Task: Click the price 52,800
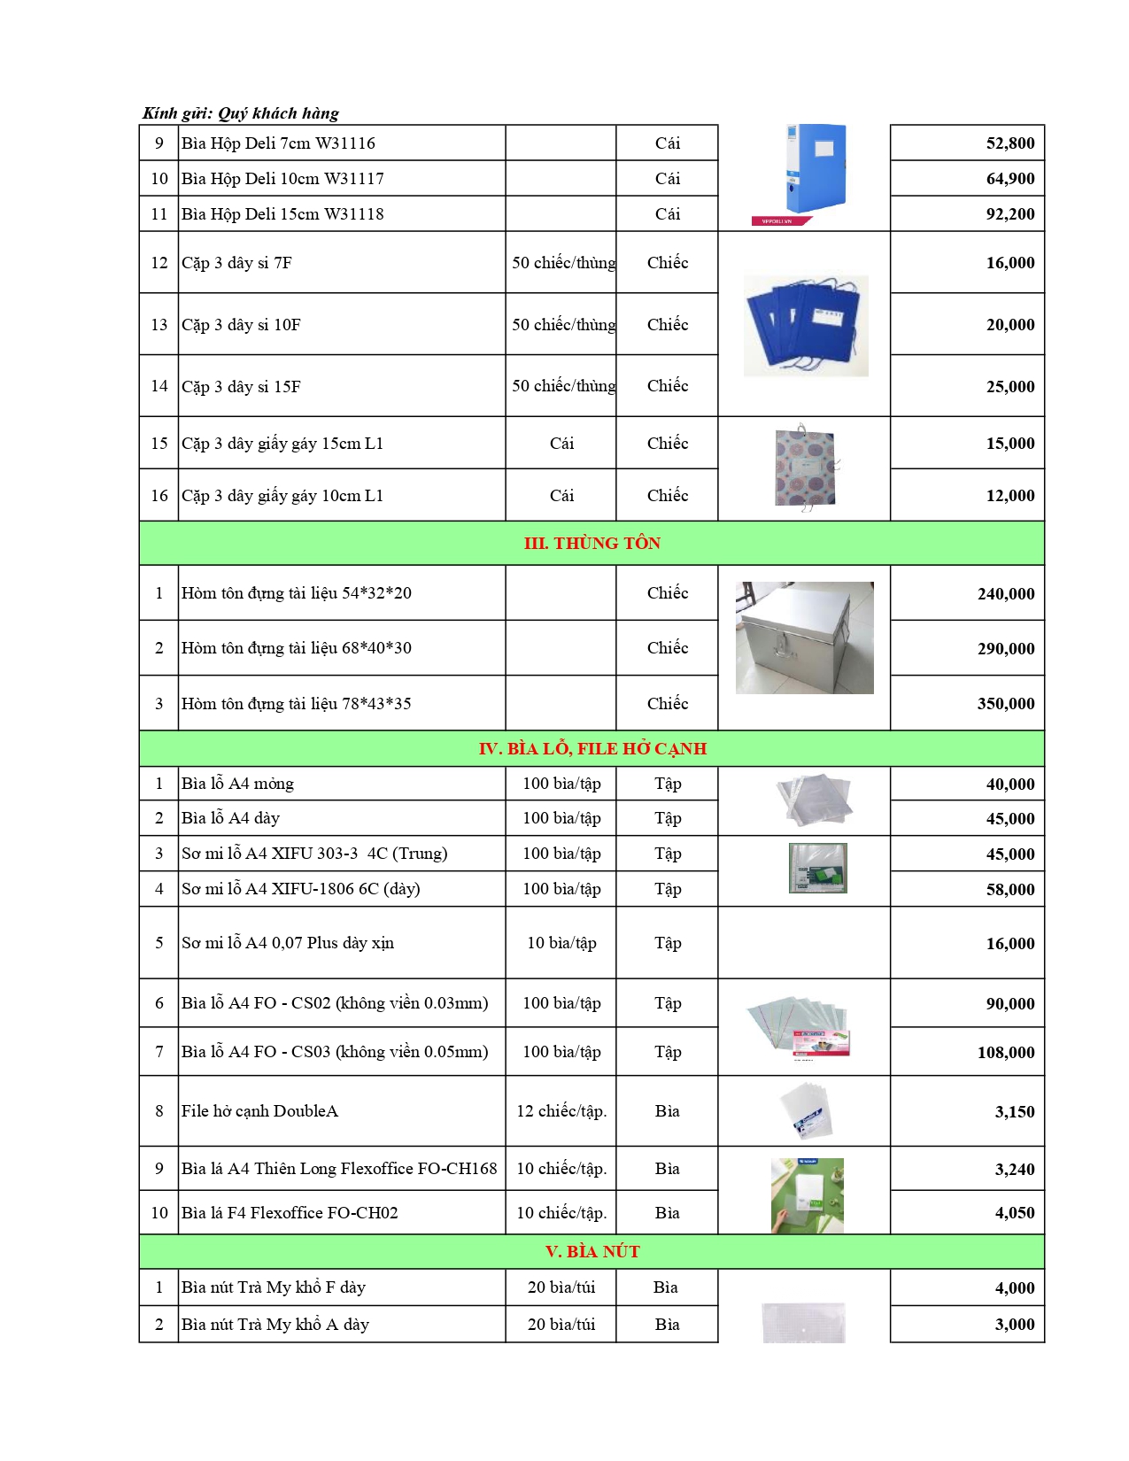(1009, 143)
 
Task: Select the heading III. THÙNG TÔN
(592, 544)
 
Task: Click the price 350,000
(1005, 704)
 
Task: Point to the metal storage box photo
(804, 638)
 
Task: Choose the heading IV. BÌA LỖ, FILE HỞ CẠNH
(592, 749)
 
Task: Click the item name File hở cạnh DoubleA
(259, 1111)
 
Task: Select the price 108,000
(1005, 1053)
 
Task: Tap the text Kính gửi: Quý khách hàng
(241, 113)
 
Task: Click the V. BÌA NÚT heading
(592, 1252)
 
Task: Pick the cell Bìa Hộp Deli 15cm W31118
(282, 214)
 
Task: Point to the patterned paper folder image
(805, 468)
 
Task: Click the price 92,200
(1009, 214)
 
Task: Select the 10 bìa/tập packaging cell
(561, 943)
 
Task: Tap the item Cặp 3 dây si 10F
(241, 325)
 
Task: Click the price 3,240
(1014, 1170)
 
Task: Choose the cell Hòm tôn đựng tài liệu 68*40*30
(296, 648)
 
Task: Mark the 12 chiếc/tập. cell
(561, 1111)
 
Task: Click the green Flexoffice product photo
(807, 1194)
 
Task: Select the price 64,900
(1009, 179)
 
